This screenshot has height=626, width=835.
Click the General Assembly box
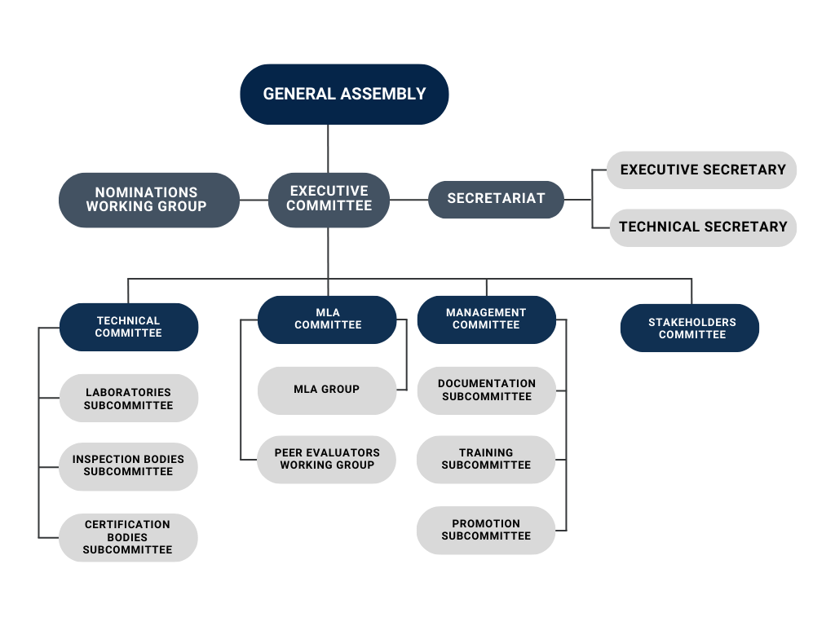click(x=344, y=94)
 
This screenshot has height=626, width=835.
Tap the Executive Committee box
click(x=329, y=199)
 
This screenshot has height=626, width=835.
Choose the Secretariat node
click(x=496, y=199)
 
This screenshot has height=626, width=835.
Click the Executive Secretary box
click(x=702, y=170)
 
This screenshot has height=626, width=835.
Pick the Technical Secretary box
click(x=702, y=227)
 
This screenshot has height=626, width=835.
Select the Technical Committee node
click(x=129, y=327)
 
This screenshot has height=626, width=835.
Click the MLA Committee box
click(x=327, y=319)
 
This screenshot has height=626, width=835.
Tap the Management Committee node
click(x=486, y=319)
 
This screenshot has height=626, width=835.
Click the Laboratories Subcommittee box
click(x=129, y=399)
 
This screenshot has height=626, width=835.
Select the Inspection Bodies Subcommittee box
click(x=129, y=465)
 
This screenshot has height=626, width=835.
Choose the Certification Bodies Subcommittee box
click(x=129, y=537)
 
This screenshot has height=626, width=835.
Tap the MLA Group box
click(x=326, y=390)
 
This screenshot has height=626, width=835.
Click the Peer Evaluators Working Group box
click(x=326, y=459)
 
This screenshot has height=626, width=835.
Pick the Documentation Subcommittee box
click(x=486, y=390)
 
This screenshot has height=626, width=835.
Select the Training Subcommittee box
click(x=486, y=459)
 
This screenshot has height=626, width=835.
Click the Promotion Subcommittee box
click(x=486, y=530)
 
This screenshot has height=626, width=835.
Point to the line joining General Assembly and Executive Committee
click(x=328, y=148)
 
